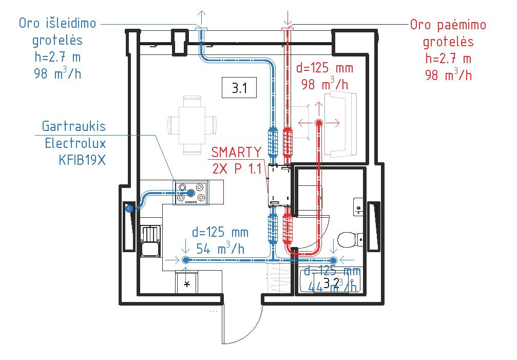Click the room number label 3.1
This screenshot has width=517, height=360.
[239, 88]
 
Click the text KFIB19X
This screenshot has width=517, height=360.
[82, 159]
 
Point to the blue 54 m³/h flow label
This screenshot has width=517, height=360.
[220, 249]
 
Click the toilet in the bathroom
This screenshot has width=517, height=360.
[351, 239]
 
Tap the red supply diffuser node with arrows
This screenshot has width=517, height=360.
[319, 123]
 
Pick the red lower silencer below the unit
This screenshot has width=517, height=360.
[288, 228]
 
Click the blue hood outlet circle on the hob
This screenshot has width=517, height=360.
[191, 193]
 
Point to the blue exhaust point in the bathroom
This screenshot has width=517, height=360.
[333, 260]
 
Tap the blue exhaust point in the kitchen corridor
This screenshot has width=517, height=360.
[185, 260]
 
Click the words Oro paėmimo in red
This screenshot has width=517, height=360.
[448, 25]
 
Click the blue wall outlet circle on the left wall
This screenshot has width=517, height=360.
[128, 209]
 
